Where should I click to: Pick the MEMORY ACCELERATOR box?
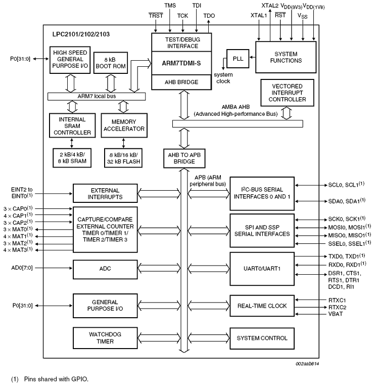(x=123, y=125)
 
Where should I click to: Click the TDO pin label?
(x=209, y=16)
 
